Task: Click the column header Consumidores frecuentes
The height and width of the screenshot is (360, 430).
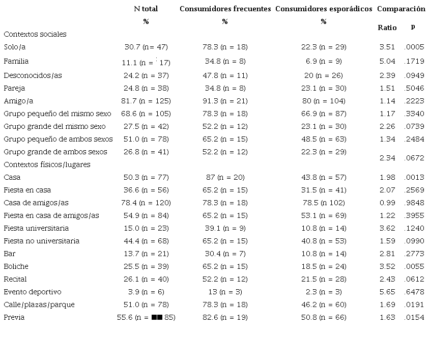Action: (225, 9)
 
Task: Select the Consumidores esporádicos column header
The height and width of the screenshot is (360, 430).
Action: (323, 9)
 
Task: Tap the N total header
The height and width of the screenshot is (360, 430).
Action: (146, 9)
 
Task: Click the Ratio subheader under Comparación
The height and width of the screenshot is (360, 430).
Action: (387, 27)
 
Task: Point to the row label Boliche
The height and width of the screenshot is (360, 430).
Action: (16, 266)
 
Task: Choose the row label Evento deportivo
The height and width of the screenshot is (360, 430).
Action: (33, 292)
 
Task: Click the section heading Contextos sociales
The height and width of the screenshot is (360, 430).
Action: (35, 34)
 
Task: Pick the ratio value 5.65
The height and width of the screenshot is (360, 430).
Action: (387, 292)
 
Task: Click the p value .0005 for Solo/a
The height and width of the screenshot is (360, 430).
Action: (414, 47)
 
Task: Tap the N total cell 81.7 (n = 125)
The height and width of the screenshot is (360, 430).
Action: (146, 101)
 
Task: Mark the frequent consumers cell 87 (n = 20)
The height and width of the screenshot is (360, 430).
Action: (225, 177)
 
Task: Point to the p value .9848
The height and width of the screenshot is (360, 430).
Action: (414, 203)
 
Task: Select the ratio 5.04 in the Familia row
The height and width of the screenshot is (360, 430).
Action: (387, 61)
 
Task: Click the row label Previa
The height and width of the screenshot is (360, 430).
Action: (14, 317)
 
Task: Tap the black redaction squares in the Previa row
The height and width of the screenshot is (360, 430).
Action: (157, 317)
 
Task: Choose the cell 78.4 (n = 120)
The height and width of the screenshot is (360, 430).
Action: (146, 203)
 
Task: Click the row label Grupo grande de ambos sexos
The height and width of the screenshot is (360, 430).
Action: (55, 152)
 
